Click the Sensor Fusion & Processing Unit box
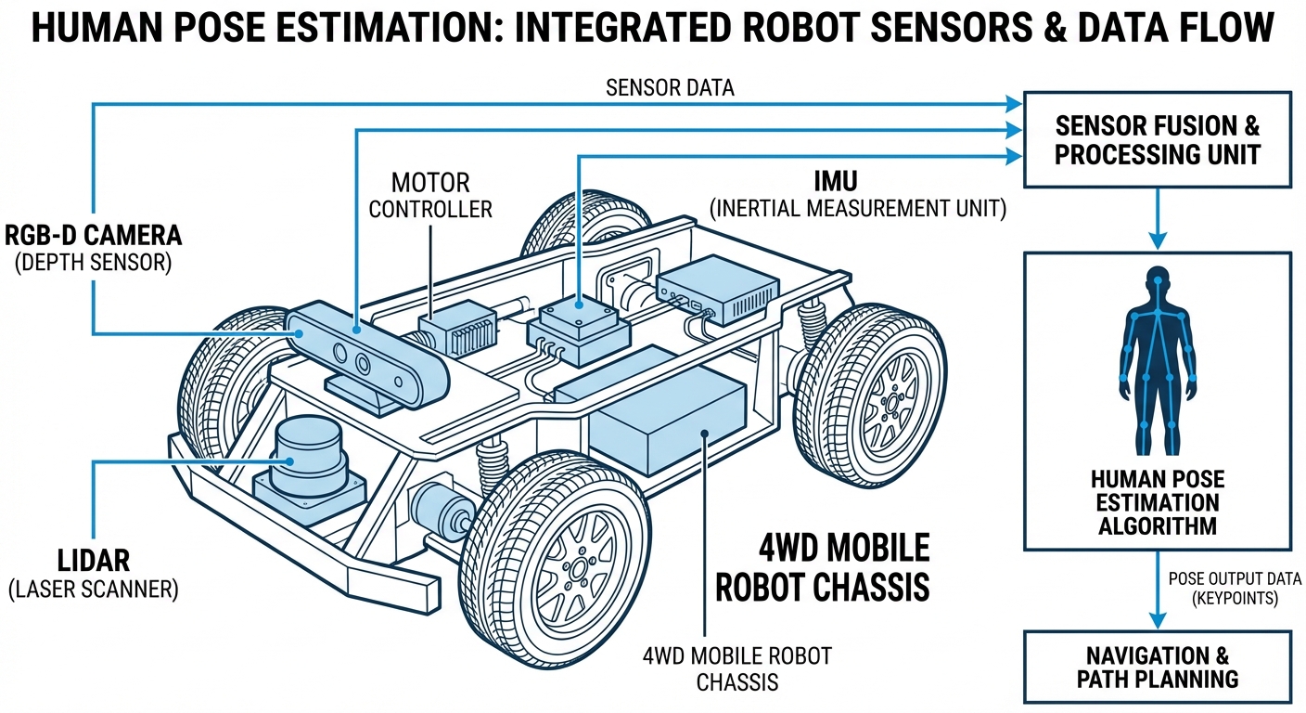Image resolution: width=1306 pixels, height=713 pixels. [1157, 139]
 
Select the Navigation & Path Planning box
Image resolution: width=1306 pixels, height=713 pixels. [1157, 667]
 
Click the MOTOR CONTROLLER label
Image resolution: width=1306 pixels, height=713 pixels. [430, 195]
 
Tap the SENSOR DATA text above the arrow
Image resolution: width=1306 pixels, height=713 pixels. [670, 88]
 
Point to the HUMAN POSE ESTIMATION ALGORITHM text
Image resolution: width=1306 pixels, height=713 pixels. [1157, 503]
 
